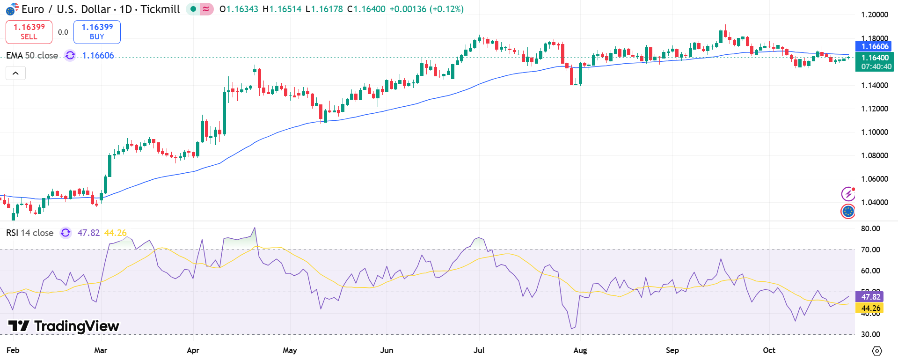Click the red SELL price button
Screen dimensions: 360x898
click(29, 32)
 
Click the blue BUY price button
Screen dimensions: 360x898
click(97, 32)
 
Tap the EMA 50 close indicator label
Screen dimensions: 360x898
click(32, 56)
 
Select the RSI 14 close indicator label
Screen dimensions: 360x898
click(29, 233)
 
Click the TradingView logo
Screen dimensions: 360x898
click(64, 326)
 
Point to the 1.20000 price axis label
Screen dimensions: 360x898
click(874, 15)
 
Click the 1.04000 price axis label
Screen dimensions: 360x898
click(874, 202)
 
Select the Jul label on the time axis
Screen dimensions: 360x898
click(479, 350)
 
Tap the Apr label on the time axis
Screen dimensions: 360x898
click(193, 350)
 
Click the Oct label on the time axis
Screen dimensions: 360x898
click(769, 350)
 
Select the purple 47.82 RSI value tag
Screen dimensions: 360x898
click(870, 297)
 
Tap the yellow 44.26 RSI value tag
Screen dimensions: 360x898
click(870, 308)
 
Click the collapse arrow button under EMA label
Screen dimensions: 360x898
click(15, 73)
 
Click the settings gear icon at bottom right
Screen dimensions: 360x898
click(877, 351)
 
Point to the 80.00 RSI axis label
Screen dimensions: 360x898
click(870, 228)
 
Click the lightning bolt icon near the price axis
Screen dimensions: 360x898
click(848, 194)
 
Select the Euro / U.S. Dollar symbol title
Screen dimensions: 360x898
click(66, 9)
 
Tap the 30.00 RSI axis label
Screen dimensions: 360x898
click(870, 334)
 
